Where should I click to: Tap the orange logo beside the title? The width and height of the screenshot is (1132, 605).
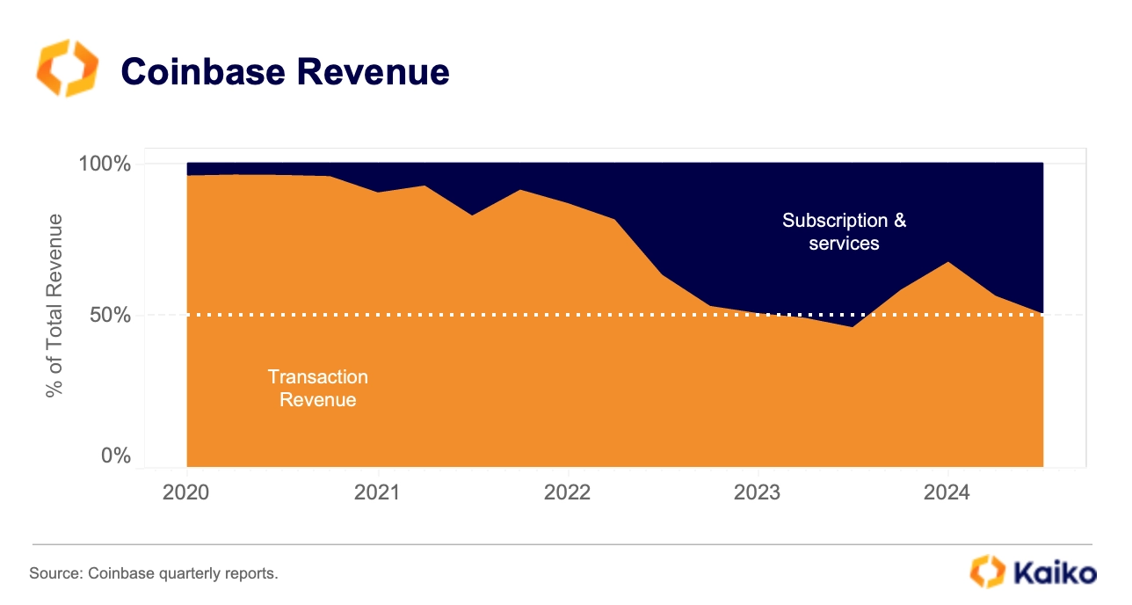tap(68, 68)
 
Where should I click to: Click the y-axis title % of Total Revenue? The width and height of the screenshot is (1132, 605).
tap(55, 304)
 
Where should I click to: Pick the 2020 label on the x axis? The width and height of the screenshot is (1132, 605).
tap(186, 492)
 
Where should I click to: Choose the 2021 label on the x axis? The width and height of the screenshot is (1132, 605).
tap(377, 492)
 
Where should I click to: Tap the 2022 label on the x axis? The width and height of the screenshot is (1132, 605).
tap(568, 492)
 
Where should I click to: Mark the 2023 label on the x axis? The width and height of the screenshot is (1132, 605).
tap(758, 492)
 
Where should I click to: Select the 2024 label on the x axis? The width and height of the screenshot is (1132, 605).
tap(947, 492)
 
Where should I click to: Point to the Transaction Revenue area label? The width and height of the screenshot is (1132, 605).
tap(317, 388)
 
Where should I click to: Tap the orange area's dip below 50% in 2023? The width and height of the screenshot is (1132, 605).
tap(852, 326)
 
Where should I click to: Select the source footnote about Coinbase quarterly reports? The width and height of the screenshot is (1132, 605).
tap(154, 574)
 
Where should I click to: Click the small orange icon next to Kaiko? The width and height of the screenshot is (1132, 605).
tap(986, 572)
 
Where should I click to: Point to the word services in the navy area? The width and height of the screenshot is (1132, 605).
tap(844, 244)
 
